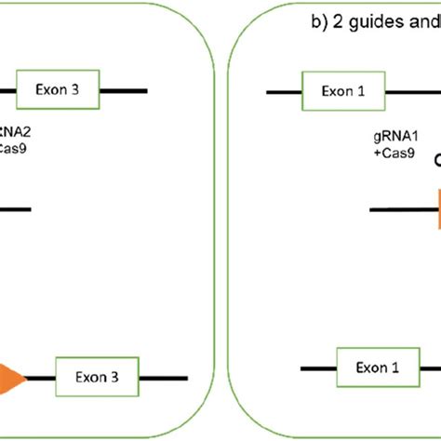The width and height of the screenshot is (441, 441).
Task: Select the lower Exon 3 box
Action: coord(98,378)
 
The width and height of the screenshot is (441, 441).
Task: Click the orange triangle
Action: coord(11,378)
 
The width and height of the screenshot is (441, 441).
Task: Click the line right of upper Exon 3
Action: coord(124,90)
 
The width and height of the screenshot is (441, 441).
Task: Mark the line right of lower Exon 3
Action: coord(165,378)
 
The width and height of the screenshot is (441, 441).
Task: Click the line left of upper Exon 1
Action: coord(283,92)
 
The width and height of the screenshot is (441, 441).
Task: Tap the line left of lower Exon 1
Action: coord(316,368)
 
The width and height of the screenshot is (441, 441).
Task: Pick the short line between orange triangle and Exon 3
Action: coord(41,378)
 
